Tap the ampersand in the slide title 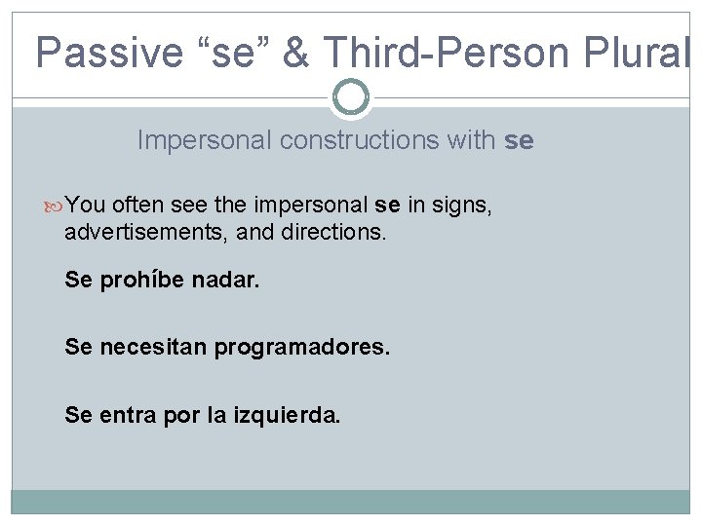(295, 52)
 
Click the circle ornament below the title (351, 96)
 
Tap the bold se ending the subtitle (519, 140)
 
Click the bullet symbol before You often (56, 206)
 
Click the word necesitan (152, 347)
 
